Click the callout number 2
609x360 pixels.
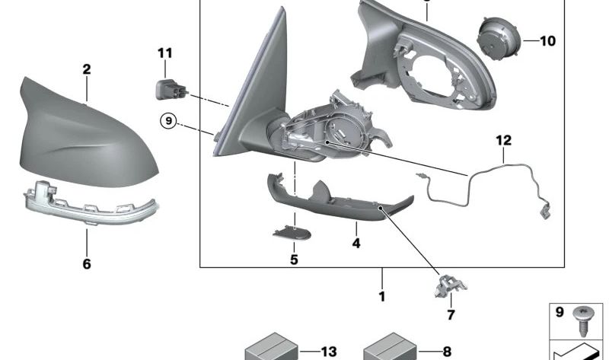[x=87, y=69]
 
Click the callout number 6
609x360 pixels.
[x=87, y=264]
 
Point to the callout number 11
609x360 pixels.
[x=165, y=53]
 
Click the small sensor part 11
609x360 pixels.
[x=168, y=89]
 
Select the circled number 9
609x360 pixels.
[x=167, y=119]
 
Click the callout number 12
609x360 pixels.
[x=503, y=140]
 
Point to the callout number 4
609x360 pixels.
[x=356, y=244]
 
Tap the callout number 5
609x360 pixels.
[x=294, y=259]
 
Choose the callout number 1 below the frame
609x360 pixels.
[x=382, y=296]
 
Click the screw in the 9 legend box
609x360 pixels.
[x=585, y=316]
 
